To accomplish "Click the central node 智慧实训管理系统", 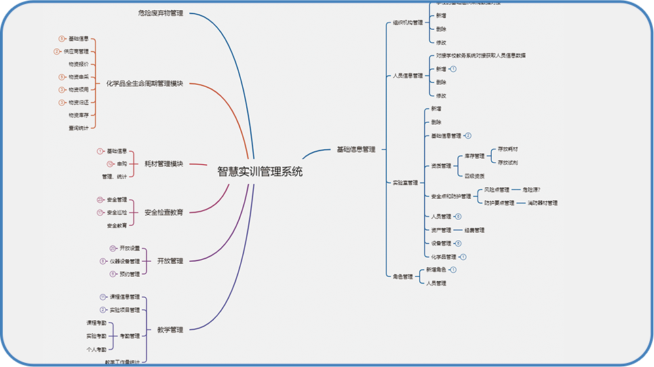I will (260, 172).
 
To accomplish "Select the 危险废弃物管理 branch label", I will (160, 13).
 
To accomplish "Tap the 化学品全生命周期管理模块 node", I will (145, 83).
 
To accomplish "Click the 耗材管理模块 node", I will (163, 163).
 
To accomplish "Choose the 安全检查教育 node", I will (163, 212).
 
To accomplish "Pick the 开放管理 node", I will (170, 260).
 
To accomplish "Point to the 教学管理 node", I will (170, 330).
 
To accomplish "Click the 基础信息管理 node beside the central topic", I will (355, 149).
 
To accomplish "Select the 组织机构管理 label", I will (408, 22).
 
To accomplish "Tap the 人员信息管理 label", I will (408, 75).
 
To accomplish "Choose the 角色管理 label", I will (403, 276).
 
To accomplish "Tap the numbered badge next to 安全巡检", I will (100, 212).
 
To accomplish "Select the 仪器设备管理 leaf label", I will (125, 261).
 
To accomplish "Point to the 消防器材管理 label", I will (542, 203).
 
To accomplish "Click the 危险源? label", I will (531, 189).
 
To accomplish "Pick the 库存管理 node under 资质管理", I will (474, 155).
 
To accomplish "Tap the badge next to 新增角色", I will (454, 270).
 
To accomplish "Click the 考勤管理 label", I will (130, 336).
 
